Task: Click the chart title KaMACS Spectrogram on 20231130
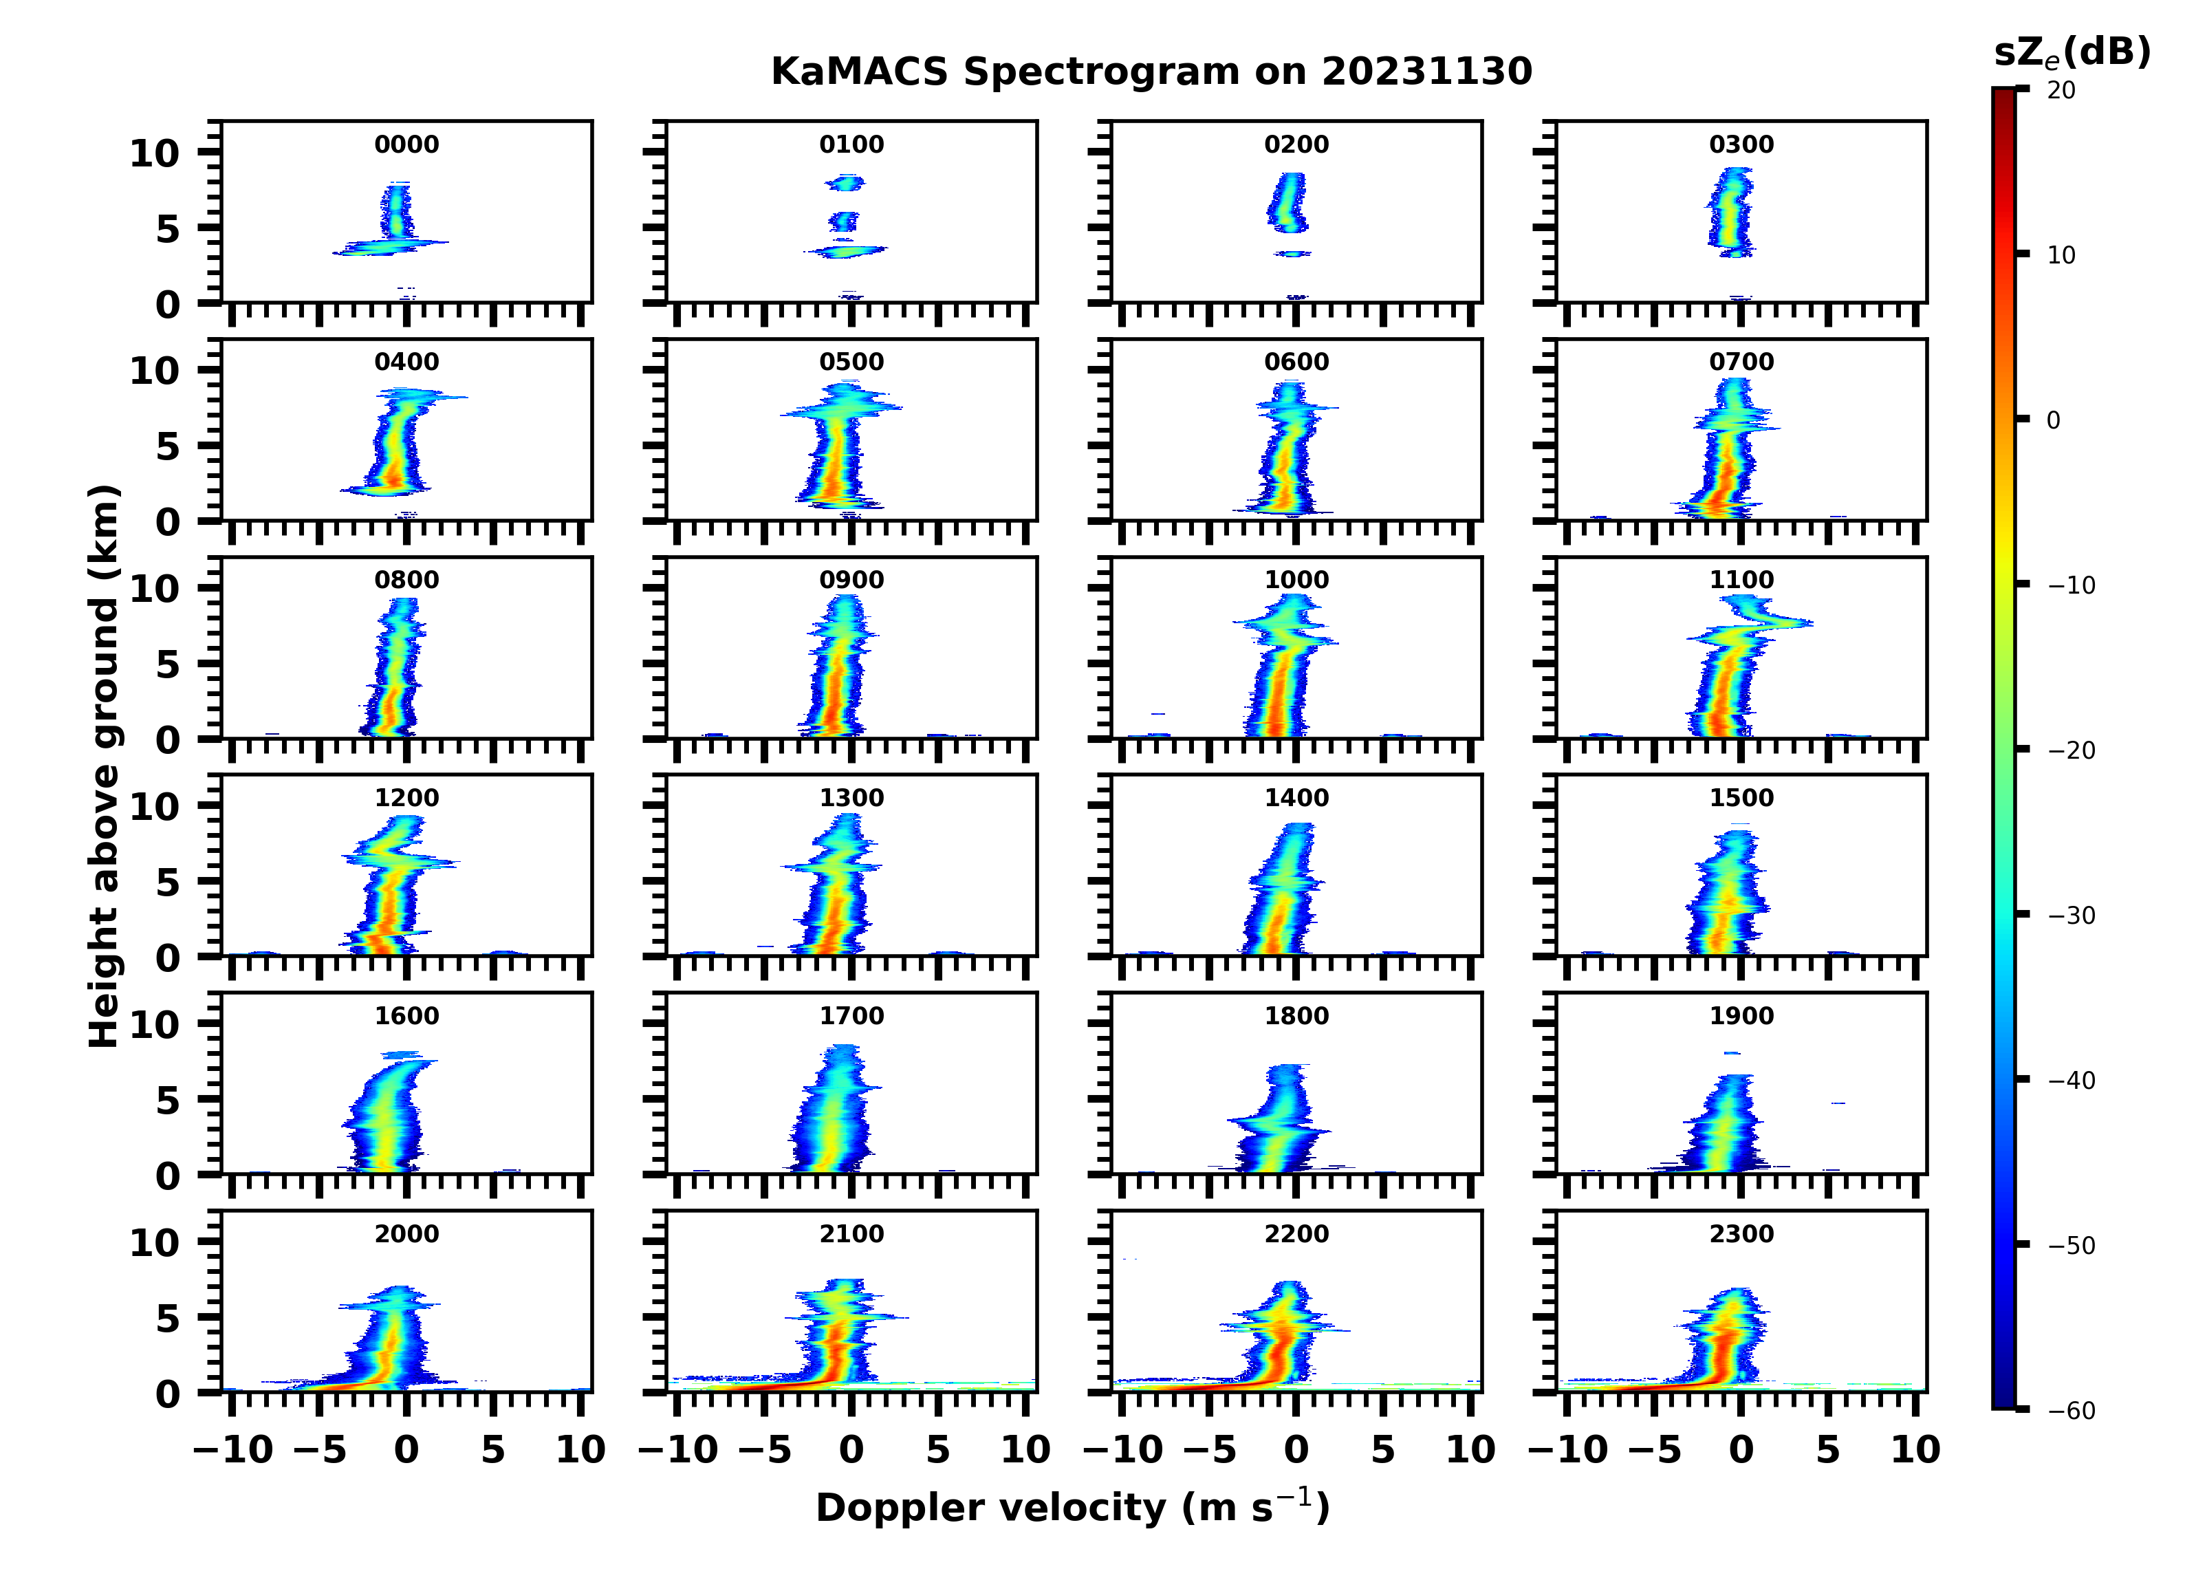point(1151,72)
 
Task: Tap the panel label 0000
point(406,144)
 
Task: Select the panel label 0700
point(1741,363)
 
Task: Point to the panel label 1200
point(406,798)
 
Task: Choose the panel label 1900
point(1741,1016)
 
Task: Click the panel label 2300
point(1741,1233)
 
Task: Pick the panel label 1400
point(1296,798)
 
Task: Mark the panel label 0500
point(851,363)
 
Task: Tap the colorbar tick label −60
point(2070,1411)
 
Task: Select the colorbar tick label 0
point(2053,420)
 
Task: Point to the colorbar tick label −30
point(2070,916)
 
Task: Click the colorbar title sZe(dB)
point(2072,53)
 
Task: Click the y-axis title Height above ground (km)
point(104,766)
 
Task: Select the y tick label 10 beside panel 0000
point(154,153)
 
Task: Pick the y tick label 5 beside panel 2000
point(168,1319)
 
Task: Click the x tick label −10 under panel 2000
point(233,1449)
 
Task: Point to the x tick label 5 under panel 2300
point(1827,1449)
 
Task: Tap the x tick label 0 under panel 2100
point(851,1449)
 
